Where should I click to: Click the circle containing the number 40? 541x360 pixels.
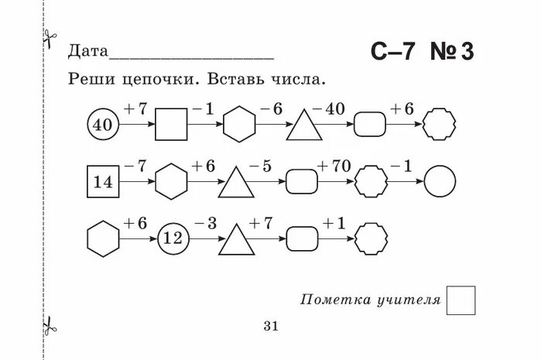point(102,125)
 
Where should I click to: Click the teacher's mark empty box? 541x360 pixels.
point(461,300)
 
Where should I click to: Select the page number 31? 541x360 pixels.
point(270,326)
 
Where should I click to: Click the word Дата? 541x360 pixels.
point(87,52)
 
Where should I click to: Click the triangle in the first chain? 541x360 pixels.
point(304,125)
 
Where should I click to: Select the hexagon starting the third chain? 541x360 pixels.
point(103,239)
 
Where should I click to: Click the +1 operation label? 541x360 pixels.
point(334,224)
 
